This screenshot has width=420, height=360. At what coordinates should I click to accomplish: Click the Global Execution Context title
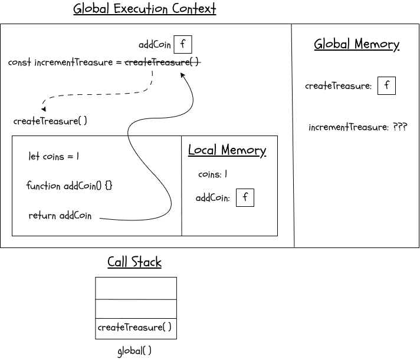coord(145,9)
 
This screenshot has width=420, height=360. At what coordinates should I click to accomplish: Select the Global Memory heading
coord(356,44)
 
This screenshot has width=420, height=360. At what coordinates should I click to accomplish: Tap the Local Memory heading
coord(227,150)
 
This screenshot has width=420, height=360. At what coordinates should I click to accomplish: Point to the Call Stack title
coord(134,262)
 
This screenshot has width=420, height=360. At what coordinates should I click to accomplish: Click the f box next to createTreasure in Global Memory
coord(386,85)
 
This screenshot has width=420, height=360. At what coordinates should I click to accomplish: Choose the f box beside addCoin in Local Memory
coord(245,198)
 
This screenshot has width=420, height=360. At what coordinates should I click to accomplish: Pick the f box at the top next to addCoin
coord(183,45)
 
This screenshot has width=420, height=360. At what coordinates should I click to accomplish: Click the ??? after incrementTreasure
coord(399,127)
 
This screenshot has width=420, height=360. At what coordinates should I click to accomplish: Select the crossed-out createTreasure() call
coord(162,62)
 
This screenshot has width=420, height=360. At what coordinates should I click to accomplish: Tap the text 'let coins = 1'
coord(54,157)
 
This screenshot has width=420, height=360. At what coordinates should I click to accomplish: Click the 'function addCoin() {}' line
coord(69,186)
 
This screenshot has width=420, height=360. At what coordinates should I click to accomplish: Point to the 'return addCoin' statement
coord(60,216)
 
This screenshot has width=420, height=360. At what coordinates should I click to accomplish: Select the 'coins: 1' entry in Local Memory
coord(212,174)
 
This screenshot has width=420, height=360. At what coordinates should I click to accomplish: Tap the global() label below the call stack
coord(134,351)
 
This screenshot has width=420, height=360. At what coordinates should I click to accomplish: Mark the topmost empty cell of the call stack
coord(136,288)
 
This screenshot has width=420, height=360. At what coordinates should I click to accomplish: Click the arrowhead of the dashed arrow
coord(44,109)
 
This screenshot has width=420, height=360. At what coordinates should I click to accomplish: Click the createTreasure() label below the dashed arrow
coord(50,121)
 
